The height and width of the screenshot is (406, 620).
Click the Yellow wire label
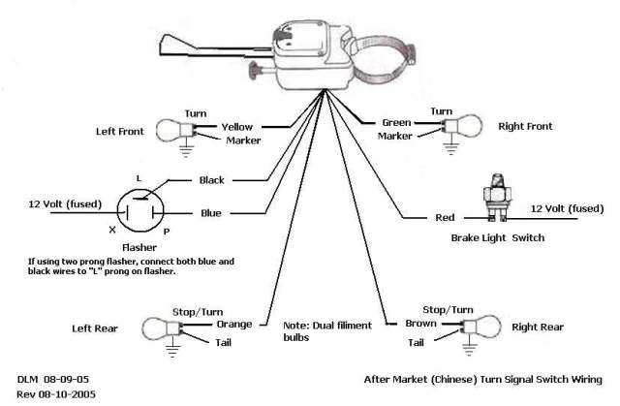(x=237, y=126)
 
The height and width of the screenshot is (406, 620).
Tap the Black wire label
(x=211, y=180)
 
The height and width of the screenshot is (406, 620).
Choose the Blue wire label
(x=211, y=212)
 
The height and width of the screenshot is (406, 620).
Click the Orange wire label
(x=235, y=323)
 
